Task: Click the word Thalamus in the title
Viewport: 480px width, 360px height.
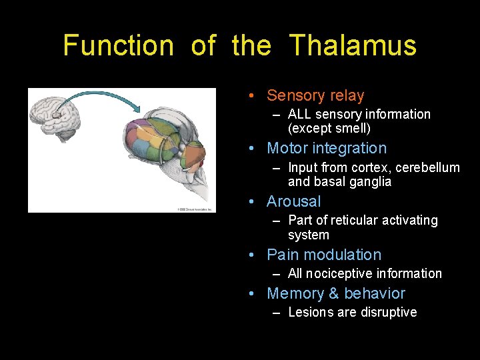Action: pos(353,45)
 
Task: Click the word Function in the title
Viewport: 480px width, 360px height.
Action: pos(118,45)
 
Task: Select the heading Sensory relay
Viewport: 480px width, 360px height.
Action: pos(315,95)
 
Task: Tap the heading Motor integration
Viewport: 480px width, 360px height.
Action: pos(326,148)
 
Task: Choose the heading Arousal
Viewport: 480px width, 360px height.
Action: pos(293,201)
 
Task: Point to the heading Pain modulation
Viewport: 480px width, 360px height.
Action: pos(324,255)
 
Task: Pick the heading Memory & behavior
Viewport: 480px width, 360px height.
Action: pos(336,293)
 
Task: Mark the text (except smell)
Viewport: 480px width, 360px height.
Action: pos(329,128)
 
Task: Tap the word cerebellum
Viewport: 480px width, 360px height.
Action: pos(427,167)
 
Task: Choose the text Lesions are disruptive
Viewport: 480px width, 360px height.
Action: pos(352,312)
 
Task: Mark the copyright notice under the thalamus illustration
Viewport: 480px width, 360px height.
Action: pos(194,209)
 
